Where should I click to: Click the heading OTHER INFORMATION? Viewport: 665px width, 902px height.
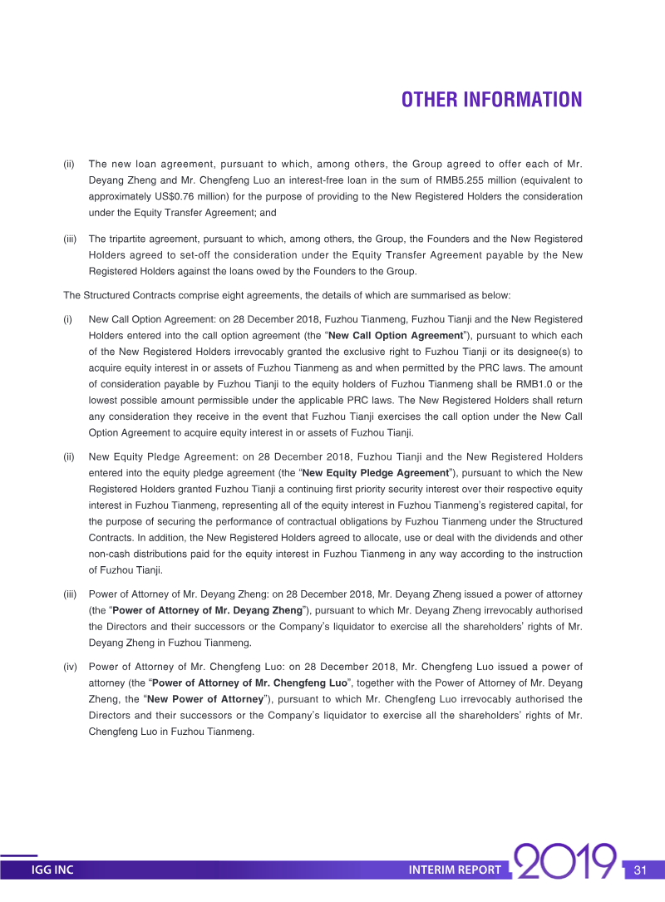(x=491, y=101)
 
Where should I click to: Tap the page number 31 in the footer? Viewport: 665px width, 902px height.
(x=640, y=870)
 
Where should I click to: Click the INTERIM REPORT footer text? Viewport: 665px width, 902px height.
(x=455, y=870)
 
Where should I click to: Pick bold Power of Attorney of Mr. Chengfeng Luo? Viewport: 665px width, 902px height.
(x=249, y=683)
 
